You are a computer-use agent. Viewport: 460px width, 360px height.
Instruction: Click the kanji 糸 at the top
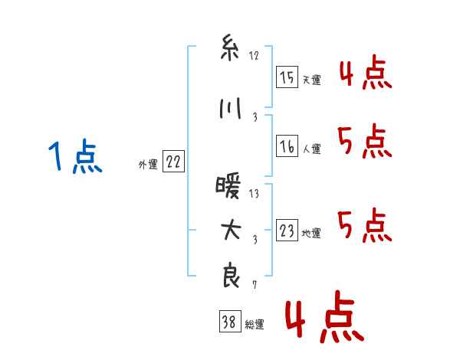(230, 48)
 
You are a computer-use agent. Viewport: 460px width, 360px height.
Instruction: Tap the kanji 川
(230, 109)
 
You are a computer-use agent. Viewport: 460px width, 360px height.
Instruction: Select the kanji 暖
(228, 186)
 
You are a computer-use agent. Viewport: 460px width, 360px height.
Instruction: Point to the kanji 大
(230, 230)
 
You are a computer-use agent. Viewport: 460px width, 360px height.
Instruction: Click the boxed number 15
(287, 77)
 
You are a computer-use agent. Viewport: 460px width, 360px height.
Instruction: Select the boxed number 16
(287, 146)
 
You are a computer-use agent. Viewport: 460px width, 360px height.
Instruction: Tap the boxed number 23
(287, 230)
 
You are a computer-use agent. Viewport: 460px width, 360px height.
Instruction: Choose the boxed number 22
(173, 162)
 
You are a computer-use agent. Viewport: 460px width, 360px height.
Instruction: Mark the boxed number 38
(230, 321)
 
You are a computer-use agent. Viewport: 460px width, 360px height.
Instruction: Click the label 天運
(311, 80)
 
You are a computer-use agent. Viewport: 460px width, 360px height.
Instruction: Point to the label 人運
(311, 149)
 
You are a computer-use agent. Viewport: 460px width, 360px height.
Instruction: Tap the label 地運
(311, 234)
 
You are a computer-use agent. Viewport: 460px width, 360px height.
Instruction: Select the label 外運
(148, 165)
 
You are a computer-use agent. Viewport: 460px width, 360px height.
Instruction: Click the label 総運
(255, 325)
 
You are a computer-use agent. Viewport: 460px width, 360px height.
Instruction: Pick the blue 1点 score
(75, 156)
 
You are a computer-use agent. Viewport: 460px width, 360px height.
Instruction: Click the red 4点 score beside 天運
(366, 72)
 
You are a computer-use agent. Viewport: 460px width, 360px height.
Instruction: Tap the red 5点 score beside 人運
(364, 141)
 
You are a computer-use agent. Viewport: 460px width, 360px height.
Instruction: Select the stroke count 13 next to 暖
(254, 194)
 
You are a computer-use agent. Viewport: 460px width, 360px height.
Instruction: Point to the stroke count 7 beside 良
(255, 285)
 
